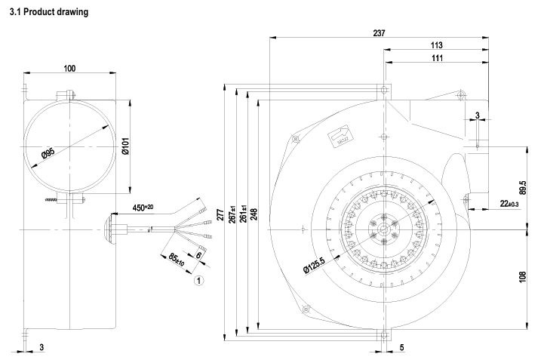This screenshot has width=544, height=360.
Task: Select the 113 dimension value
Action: click(x=436, y=45)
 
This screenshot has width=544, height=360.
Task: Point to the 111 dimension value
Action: click(x=436, y=58)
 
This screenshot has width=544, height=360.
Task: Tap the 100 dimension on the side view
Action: click(x=69, y=69)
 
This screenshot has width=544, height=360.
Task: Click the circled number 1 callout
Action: click(x=199, y=281)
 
